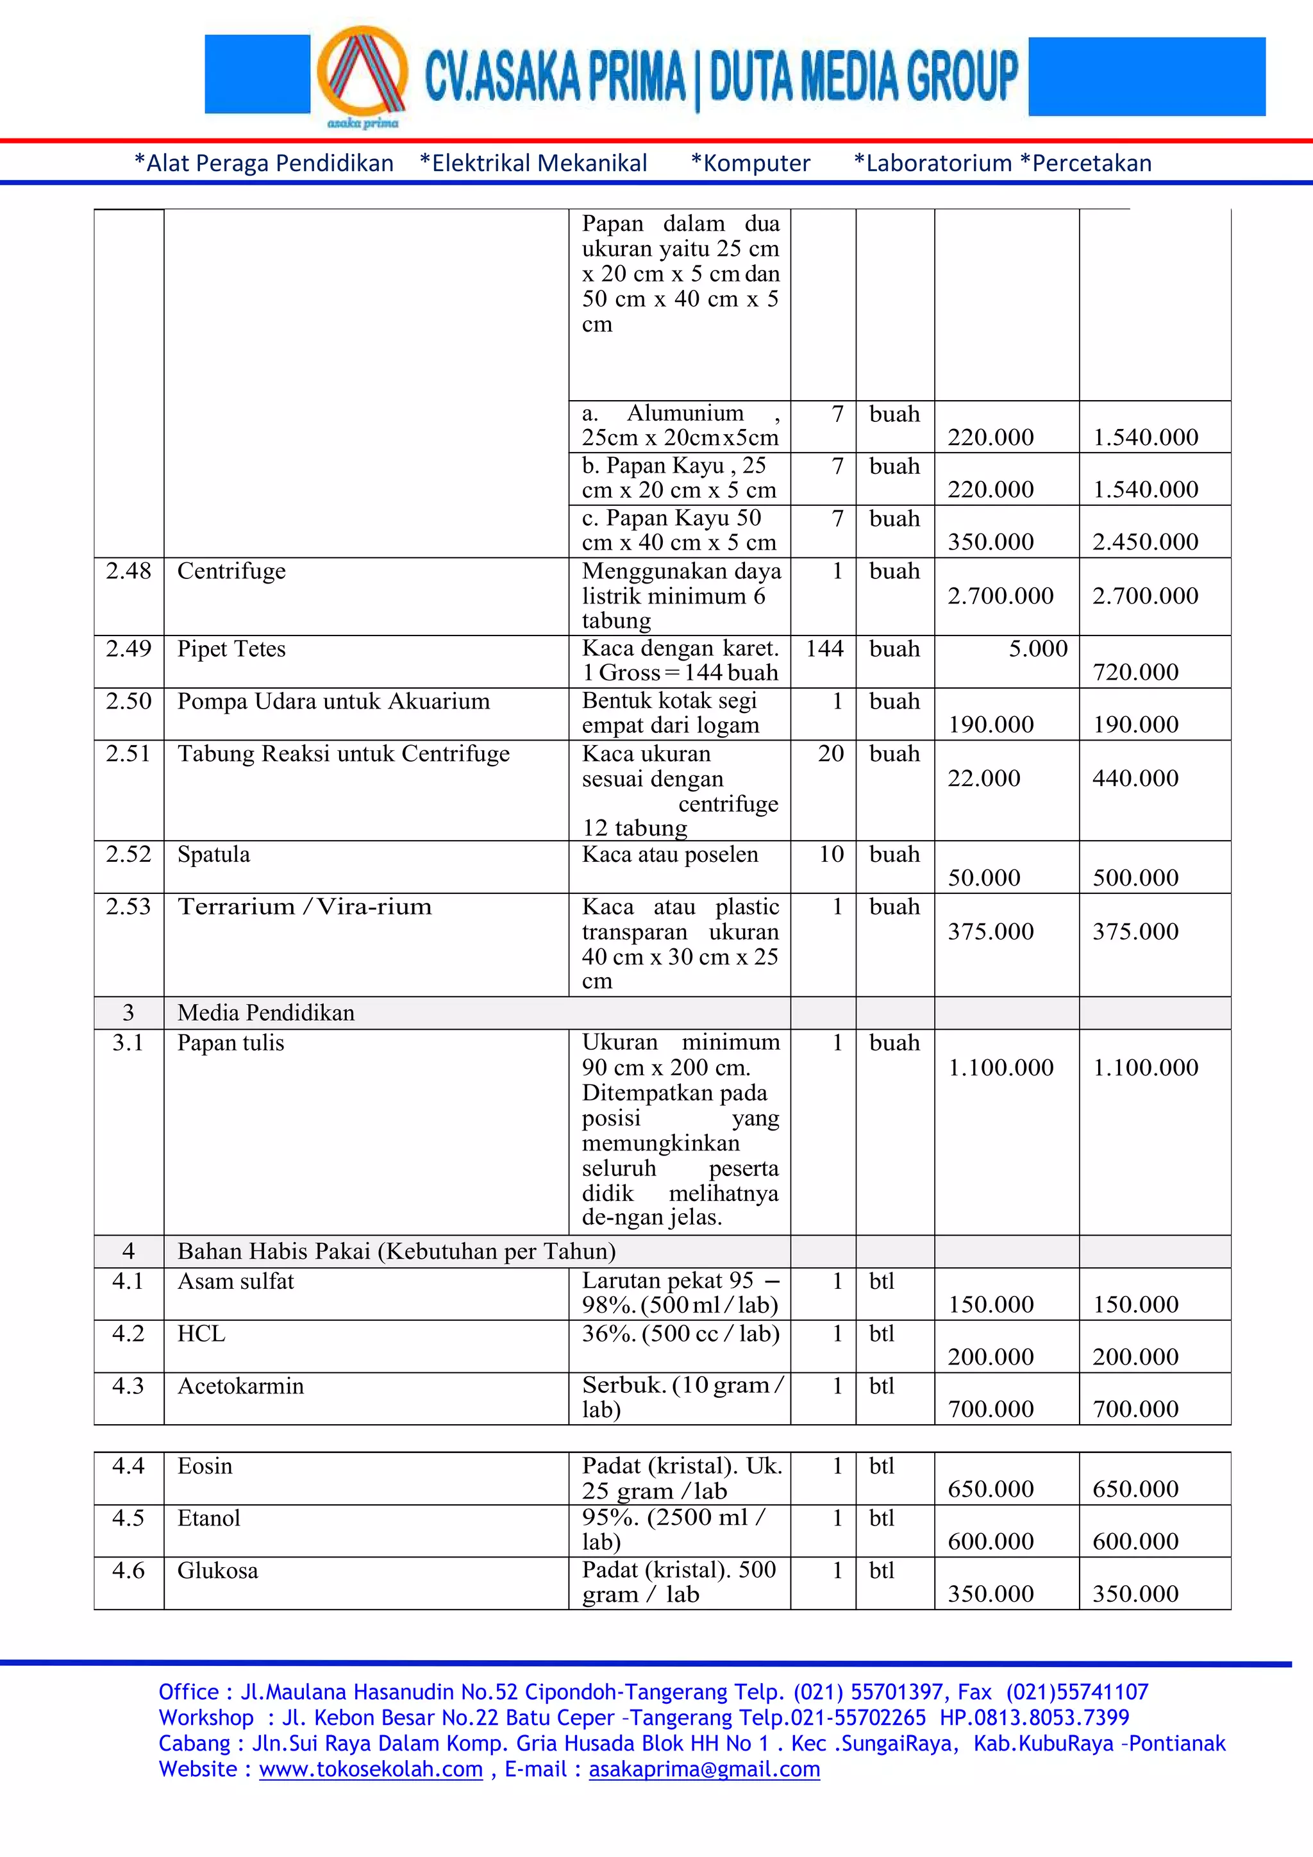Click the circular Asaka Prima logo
coord(362,74)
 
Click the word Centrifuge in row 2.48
coord(231,571)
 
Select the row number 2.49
coord(129,649)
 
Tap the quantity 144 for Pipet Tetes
coord(824,649)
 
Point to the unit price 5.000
coord(1037,649)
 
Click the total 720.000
coord(1135,672)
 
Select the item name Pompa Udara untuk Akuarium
coord(333,702)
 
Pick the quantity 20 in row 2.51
coord(830,754)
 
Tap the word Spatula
coord(213,855)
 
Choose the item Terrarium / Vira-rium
coord(304,907)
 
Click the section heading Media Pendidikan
coord(266,1013)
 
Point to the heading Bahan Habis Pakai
coord(396,1251)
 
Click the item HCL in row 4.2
coord(201,1334)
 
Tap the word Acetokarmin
coord(240,1386)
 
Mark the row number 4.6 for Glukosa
coord(129,1570)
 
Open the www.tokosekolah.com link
coord(371,1770)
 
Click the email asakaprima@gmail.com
coord(703,1770)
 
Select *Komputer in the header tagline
coord(749,164)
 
